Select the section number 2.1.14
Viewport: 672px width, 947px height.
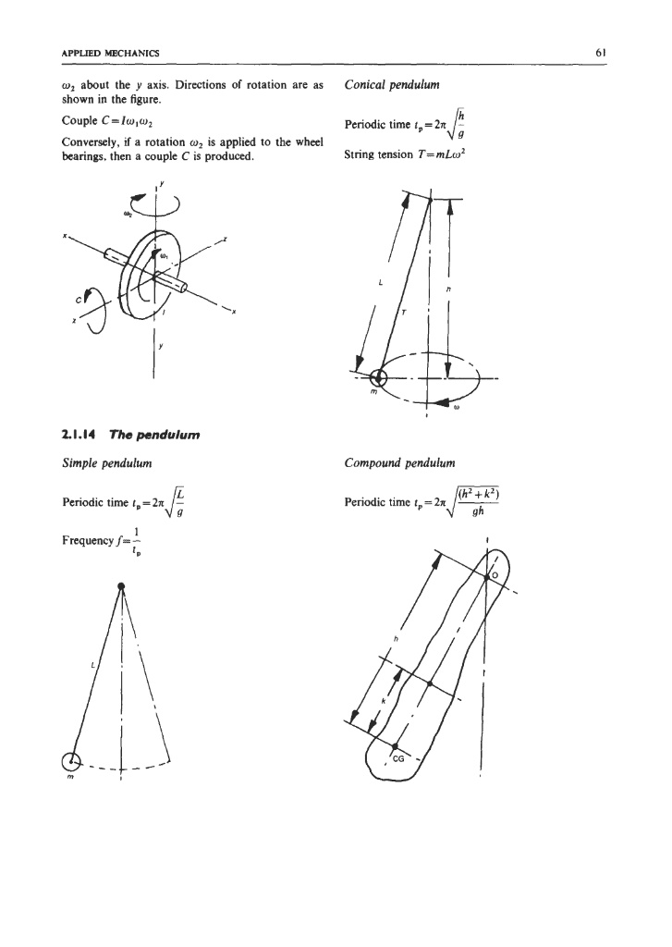[x=57, y=430]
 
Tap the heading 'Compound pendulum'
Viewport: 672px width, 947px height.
[x=395, y=460]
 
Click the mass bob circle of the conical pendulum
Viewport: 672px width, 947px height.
[x=377, y=376]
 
